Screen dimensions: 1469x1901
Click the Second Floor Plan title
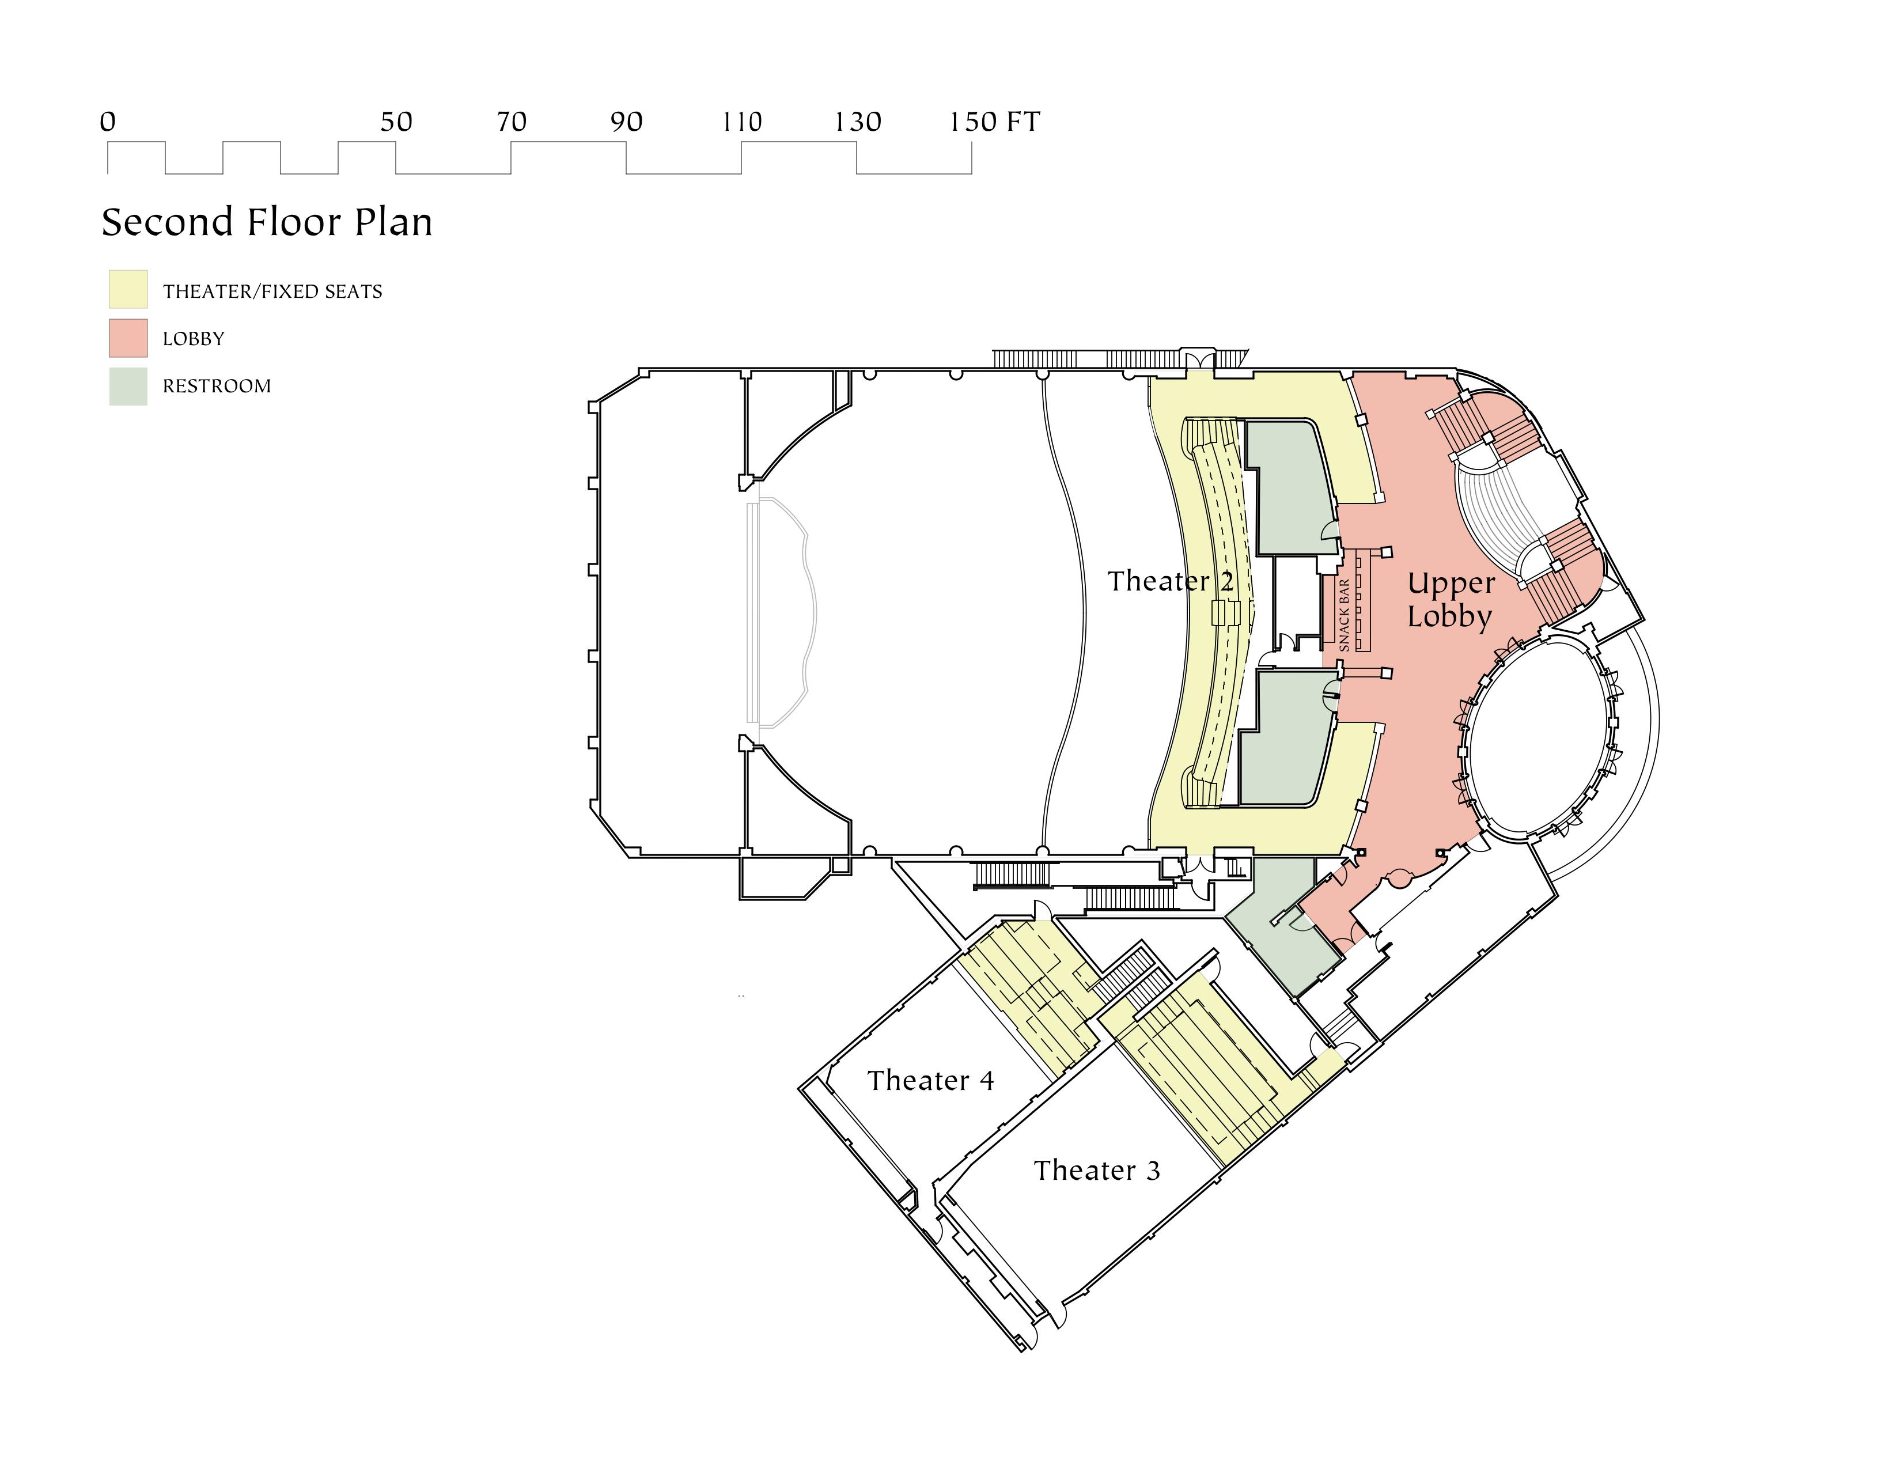tap(266, 223)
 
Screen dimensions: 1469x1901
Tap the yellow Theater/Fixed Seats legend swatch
tap(128, 290)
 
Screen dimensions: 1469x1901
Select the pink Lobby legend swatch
tap(128, 338)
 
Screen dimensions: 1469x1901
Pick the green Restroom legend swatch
tap(128, 385)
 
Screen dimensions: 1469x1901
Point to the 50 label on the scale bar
tap(396, 122)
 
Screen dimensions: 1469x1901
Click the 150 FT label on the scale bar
tap(994, 122)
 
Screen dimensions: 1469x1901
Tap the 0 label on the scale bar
tap(107, 122)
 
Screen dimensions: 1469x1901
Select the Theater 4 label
tap(930, 1081)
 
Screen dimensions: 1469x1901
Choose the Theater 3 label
tap(1097, 1171)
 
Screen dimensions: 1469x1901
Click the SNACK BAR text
tap(1344, 615)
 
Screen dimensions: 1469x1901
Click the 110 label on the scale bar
tap(741, 122)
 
